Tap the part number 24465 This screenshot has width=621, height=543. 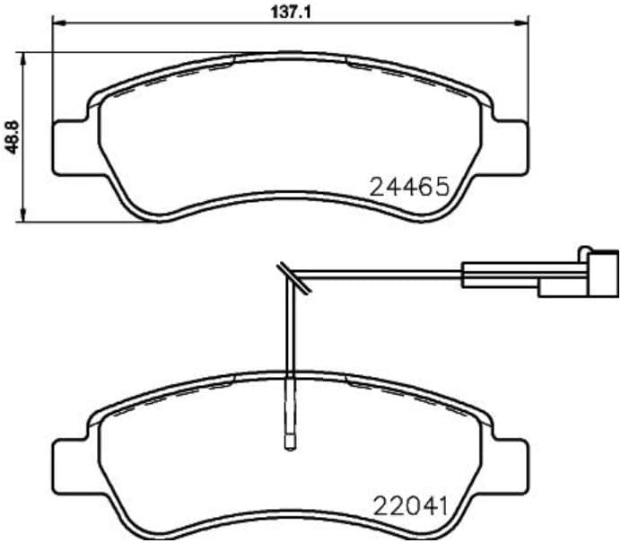(408, 187)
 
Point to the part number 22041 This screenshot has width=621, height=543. (408, 506)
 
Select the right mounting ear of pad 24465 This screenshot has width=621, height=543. (509, 144)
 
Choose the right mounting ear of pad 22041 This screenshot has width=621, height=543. (509, 462)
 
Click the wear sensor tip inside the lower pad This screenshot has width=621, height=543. (289, 441)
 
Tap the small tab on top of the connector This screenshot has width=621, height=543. (586, 250)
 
